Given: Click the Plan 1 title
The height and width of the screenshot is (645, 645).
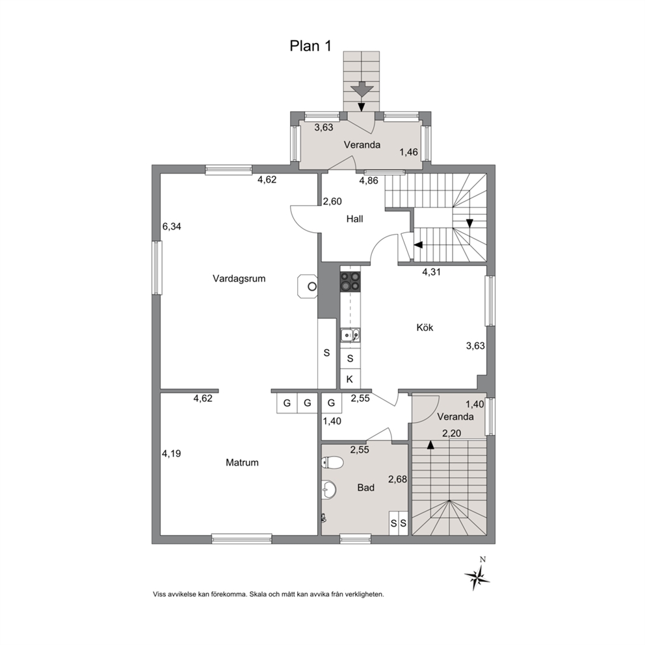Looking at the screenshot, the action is [311, 46].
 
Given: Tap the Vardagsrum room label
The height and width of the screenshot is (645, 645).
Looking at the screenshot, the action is [239, 278].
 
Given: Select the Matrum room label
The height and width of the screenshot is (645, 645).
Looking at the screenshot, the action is [243, 462].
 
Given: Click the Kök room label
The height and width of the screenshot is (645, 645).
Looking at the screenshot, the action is [425, 328].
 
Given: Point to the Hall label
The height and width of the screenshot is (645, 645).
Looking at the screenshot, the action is [354, 219].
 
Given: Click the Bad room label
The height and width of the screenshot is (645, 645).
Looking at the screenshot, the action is [365, 488].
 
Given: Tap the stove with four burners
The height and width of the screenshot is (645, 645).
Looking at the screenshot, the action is [350, 282].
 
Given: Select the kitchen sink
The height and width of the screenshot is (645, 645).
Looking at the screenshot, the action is [350, 336].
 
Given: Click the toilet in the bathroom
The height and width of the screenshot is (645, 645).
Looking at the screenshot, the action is [332, 463].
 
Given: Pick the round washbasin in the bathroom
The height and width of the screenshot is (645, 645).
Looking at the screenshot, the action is [328, 490].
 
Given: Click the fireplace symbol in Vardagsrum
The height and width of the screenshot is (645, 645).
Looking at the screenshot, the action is [308, 286].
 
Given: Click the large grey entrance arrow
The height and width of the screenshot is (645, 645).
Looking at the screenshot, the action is [362, 90].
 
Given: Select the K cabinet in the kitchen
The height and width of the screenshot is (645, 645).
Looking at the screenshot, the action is [350, 379].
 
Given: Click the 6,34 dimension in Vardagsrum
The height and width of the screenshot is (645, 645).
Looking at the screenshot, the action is [172, 226].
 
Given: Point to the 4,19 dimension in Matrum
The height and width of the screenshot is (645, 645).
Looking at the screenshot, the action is [171, 454].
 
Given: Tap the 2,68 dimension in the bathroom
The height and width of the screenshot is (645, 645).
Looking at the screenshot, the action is [398, 479].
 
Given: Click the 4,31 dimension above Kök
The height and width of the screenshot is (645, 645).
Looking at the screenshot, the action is [432, 272].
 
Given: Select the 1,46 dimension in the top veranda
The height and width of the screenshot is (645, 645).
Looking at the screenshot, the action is [408, 152].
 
